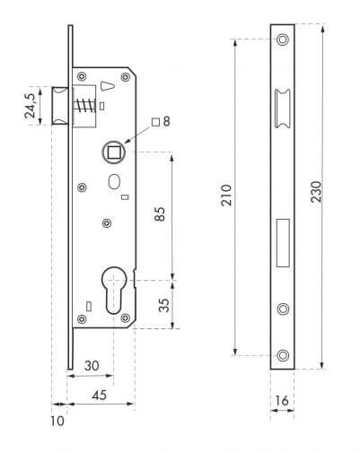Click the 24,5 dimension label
pyautogui.click(x=31, y=105)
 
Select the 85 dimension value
pyautogui.click(x=160, y=213)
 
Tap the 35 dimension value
pyautogui.click(x=164, y=305)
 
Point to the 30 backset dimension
pyautogui.click(x=92, y=365)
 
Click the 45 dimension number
pyautogui.click(x=100, y=395)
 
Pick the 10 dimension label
pyautogui.click(x=57, y=421)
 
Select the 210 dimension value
pyautogui.click(x=226, y=195)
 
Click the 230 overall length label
pyautogui.click(x=316, y=192)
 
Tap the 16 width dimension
pyautogui.click(x=282, y=400)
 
